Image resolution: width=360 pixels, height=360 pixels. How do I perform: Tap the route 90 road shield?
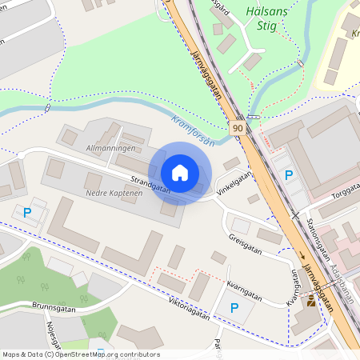click(x=238, y=127)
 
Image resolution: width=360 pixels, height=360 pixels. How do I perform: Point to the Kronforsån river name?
click(x=194, y=131)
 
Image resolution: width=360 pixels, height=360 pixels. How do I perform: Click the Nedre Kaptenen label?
click(x=114, y=194)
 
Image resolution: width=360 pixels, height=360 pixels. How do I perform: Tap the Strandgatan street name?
click(x=152, y=183)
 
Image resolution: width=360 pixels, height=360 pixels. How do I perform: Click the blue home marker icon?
click(x=180, y=173)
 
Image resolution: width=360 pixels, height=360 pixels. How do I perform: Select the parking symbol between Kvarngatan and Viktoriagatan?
click(x=234, y=307)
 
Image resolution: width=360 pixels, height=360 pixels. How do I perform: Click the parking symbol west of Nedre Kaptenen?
click(x=27, y=213)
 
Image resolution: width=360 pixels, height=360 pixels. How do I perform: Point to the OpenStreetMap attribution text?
click(x=81, y=354)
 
